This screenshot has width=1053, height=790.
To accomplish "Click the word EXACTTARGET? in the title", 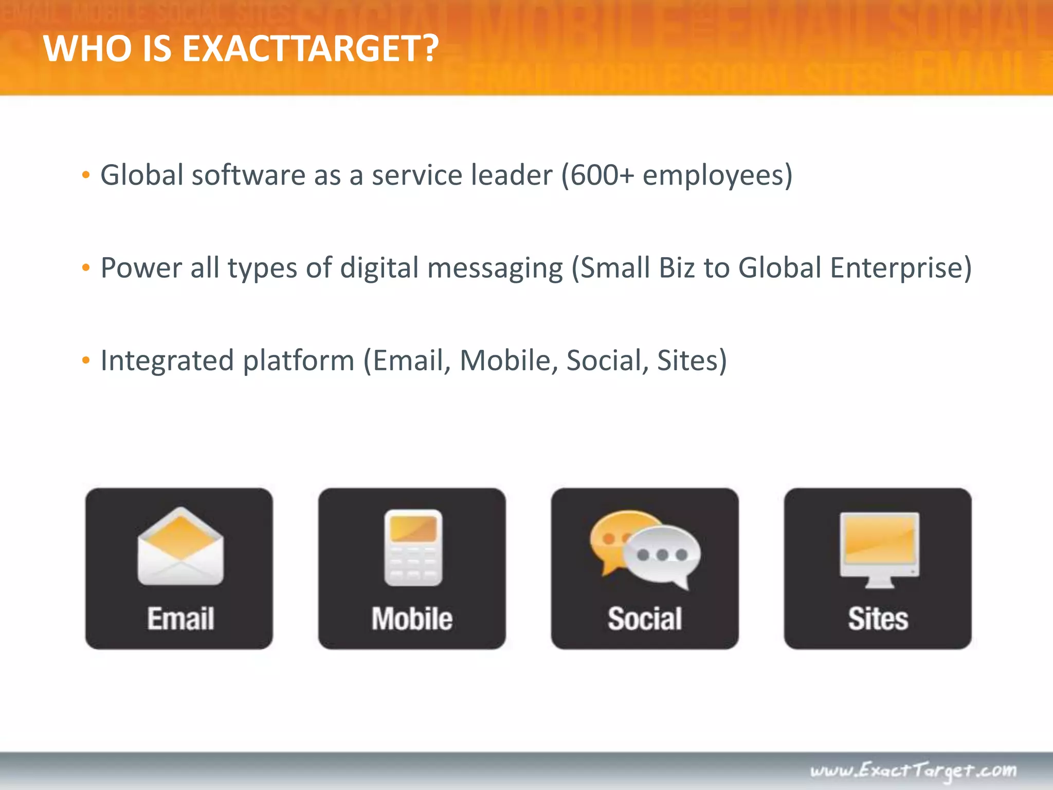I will (311, 49).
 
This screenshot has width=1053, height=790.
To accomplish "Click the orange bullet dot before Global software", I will (86, 175).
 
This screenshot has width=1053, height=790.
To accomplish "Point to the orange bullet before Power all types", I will (86, 268).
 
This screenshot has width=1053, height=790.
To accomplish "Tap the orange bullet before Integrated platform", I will (86, 361).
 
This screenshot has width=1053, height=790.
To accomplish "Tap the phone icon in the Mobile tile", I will (413, 548).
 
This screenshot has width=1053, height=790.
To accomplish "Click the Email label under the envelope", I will (180, 618).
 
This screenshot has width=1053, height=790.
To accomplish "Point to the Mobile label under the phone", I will (412, 618).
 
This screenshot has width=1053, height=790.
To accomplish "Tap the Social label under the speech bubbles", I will (645, 618).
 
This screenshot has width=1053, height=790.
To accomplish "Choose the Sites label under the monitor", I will (878, 618).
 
